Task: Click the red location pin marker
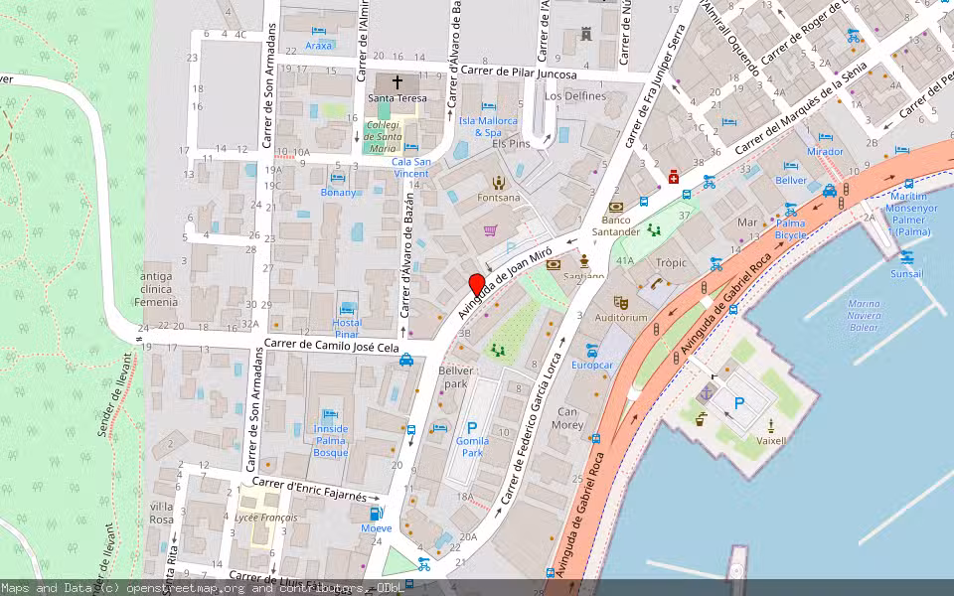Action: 477,284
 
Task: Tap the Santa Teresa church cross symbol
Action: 397,82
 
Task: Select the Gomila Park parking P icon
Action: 472,428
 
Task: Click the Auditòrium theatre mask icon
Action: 621,301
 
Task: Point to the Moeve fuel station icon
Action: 376,513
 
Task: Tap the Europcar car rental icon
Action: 592,350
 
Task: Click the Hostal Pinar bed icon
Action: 347,308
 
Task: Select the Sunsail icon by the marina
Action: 905,257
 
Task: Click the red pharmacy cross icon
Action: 673,176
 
